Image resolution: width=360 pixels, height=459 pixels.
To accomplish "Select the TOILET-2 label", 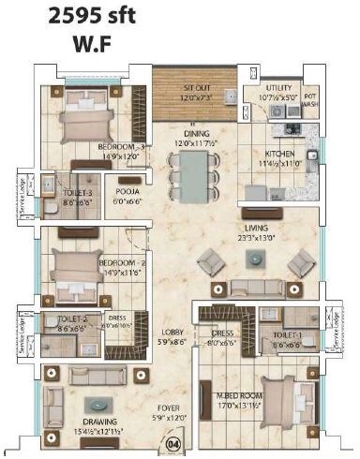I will (x=72, y=318).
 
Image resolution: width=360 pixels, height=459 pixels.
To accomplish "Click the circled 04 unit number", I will (x=172, y=445).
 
